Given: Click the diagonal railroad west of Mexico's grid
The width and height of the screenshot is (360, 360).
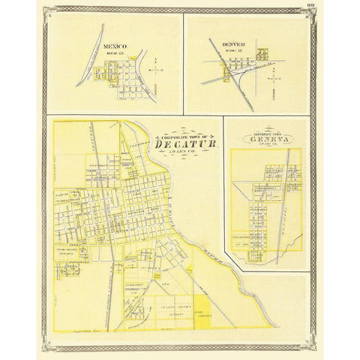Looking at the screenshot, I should (88, 67).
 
